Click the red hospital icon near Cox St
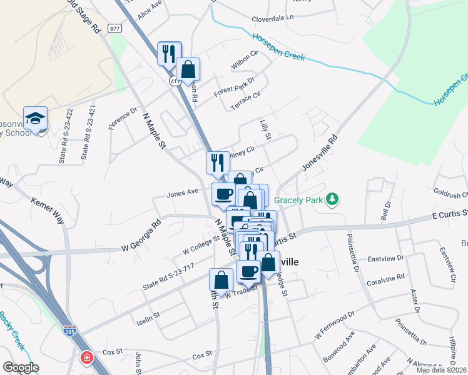[87, 358]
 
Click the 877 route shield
[114, 28]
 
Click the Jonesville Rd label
[319, 154]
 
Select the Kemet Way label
[48, 211]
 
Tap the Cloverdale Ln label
[272, 19]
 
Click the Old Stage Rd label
[84, 17]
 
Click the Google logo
[21, 367]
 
